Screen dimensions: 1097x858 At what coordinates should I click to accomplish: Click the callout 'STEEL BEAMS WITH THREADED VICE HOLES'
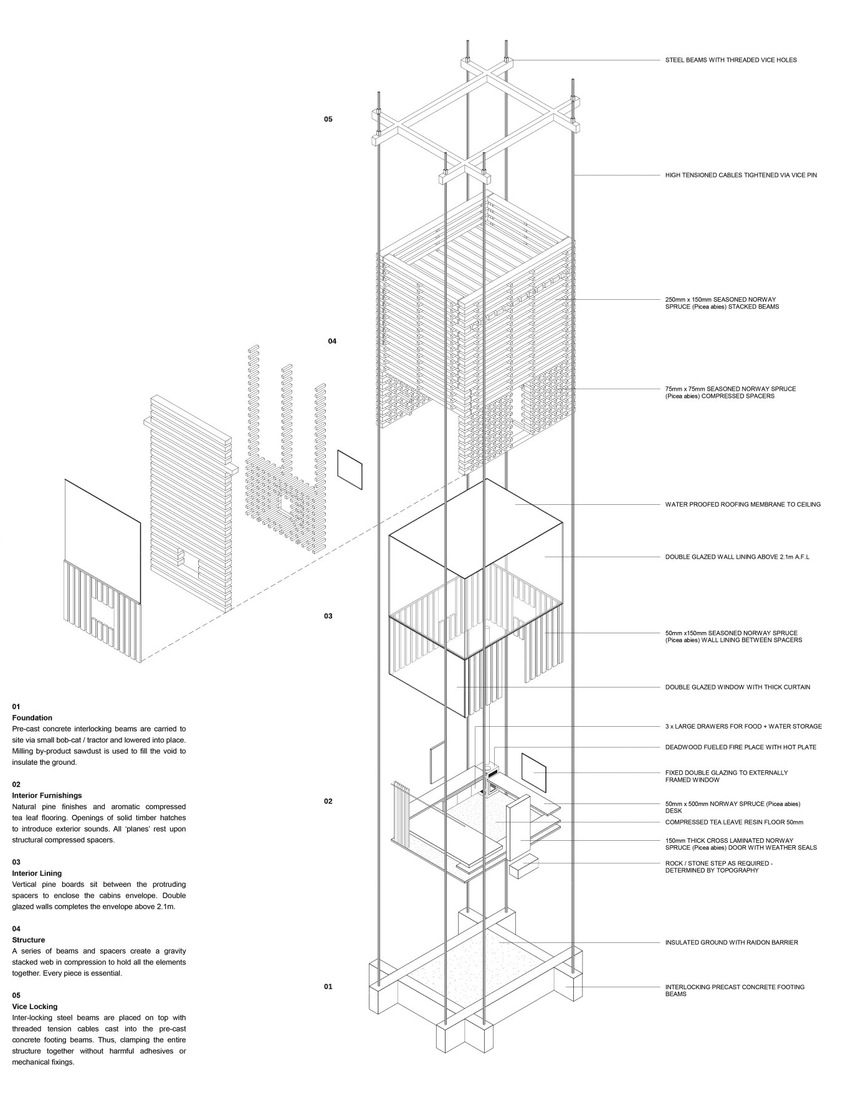[730, 60]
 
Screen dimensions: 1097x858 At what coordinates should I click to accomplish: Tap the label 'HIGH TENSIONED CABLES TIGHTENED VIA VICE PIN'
[740, 176]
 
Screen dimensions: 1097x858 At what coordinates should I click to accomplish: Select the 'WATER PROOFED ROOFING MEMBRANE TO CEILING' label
[742, 505]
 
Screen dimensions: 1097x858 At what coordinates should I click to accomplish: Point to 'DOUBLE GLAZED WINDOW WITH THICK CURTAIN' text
[737, 687]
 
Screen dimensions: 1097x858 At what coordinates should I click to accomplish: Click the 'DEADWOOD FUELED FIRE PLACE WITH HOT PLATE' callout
[740, 747]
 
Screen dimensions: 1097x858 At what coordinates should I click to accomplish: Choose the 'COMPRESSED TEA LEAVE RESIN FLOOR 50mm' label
[734, 823]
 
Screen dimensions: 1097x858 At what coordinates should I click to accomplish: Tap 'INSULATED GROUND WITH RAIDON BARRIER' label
[731, 943]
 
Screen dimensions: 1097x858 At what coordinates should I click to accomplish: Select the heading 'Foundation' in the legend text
[32, 718]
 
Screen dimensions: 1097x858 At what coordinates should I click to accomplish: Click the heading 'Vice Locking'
[34, 1007]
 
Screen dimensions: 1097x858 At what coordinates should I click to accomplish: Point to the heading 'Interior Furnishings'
[47, 796]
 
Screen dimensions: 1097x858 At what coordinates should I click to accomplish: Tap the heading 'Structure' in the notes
[29, 940]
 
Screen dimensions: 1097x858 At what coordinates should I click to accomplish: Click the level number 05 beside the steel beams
[328, 119]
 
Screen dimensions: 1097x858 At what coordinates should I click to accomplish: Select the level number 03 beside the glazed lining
[328, 616]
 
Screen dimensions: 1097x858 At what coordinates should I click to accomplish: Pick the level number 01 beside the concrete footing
[328, 987]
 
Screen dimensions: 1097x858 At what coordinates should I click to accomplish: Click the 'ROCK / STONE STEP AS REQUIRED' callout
[718, 867]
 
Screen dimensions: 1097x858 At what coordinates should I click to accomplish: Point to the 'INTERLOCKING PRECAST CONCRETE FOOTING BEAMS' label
[734, 990]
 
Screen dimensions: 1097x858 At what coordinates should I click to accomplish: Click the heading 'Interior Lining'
[37, 874]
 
